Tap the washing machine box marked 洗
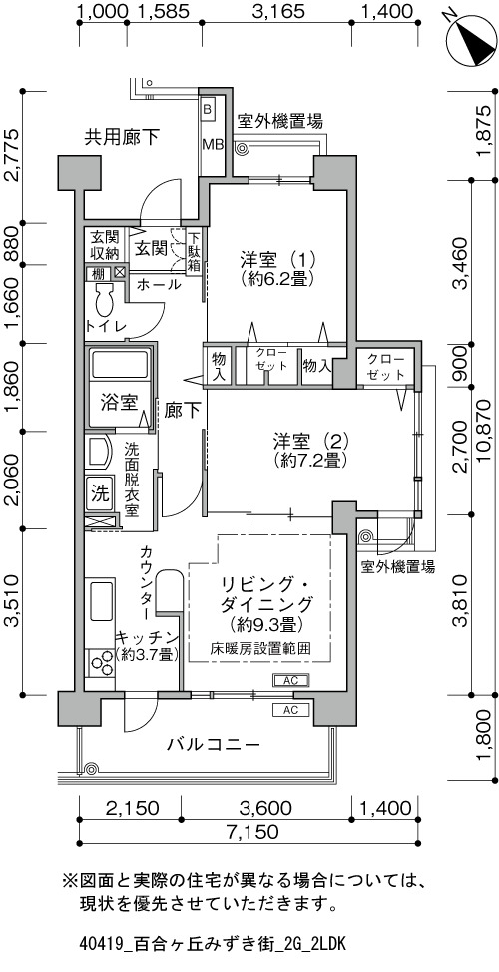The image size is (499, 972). click(99, 492)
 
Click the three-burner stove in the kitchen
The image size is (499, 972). click(100, 665)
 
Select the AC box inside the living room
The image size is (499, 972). click(291, 680)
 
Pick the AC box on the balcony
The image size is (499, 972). click(291, 710)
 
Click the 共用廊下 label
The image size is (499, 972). click(123, 137)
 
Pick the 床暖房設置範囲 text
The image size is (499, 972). click(260, 649)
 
